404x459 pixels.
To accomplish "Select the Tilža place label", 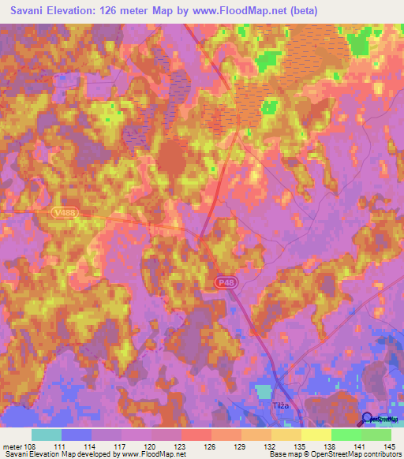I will click(273, 405).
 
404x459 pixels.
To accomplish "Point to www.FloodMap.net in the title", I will click(247, 10).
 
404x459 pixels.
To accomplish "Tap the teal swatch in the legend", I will click(47, 435).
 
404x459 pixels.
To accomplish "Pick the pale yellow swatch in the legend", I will click(316, 435).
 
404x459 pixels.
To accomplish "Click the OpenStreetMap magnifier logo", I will click(367, 420).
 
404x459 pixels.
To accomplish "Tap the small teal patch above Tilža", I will click(264, 391).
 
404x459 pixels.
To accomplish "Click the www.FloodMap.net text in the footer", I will click(151, 454).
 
